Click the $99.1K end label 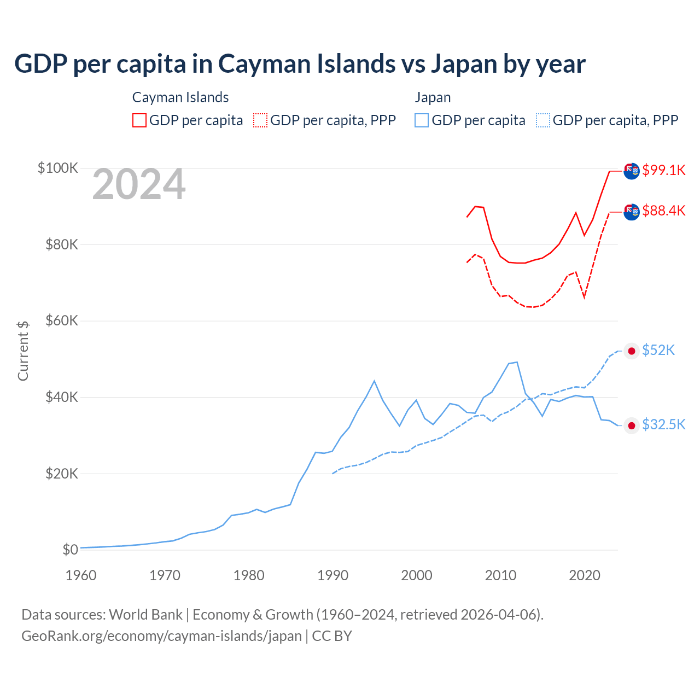(663, 170)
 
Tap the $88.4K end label (663, 211)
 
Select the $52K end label (658, 350)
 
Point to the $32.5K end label (663, 424)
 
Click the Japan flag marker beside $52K (632, 351)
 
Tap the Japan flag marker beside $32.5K (632, 425)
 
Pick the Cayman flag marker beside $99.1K (632, 171)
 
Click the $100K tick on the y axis (58, 168)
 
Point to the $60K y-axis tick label (62, 320)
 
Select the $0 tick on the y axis (70, 550)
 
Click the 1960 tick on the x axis (81, 575)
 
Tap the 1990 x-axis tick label (333, 575)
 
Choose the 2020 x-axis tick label (585, 575)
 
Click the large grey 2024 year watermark (139, 185)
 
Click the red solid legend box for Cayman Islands (139, 120)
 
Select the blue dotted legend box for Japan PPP (543, 120)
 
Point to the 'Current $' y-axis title (23, 351)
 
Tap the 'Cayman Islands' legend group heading (180, 97)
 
